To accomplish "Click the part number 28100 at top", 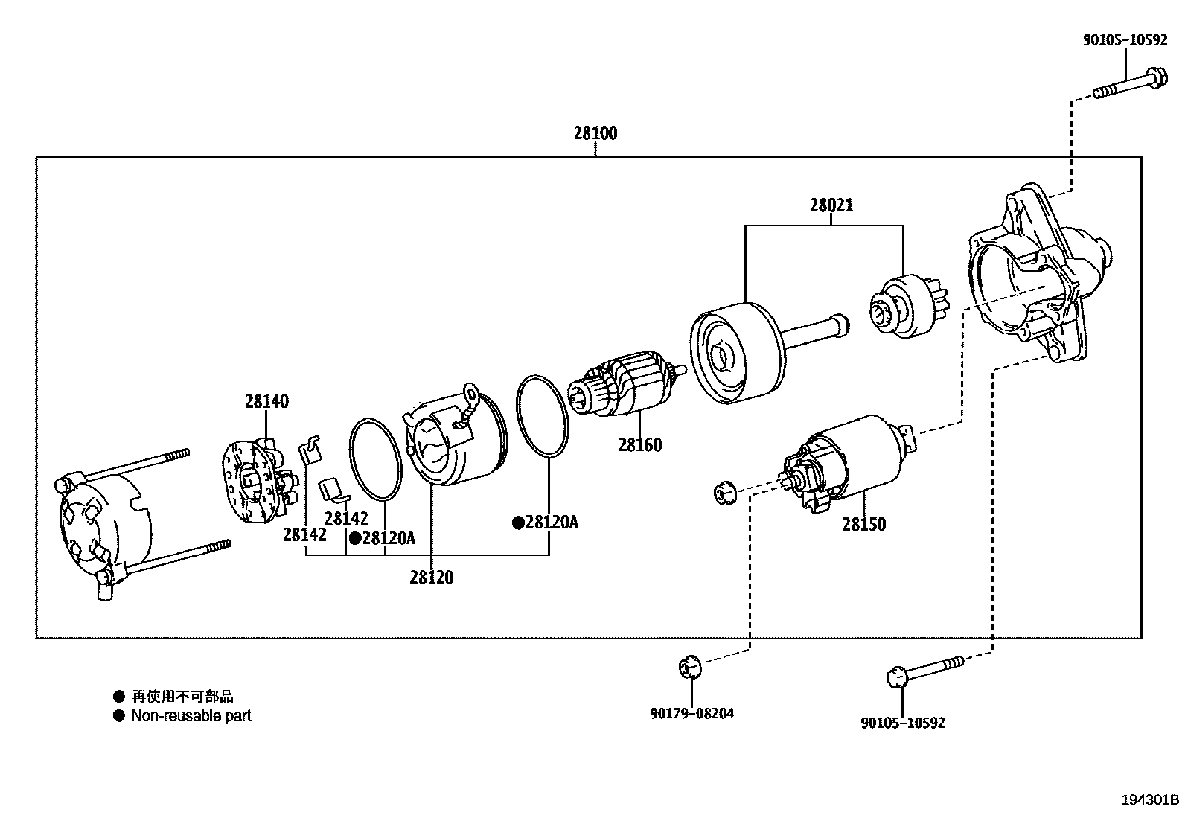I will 595,134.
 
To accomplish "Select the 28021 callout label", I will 831,205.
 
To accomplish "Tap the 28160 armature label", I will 639,445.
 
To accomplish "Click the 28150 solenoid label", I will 864,525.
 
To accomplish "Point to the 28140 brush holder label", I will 266,402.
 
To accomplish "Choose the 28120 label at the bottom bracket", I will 431,578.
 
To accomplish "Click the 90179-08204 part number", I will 691,713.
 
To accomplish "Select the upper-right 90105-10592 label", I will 1124,40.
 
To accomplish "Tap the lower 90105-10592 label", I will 902,723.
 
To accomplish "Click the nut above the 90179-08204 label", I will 690,666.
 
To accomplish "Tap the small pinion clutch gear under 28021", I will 902,306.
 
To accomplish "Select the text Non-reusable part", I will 191,716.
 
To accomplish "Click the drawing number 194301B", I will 1151,800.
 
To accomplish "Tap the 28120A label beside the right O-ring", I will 551,523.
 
